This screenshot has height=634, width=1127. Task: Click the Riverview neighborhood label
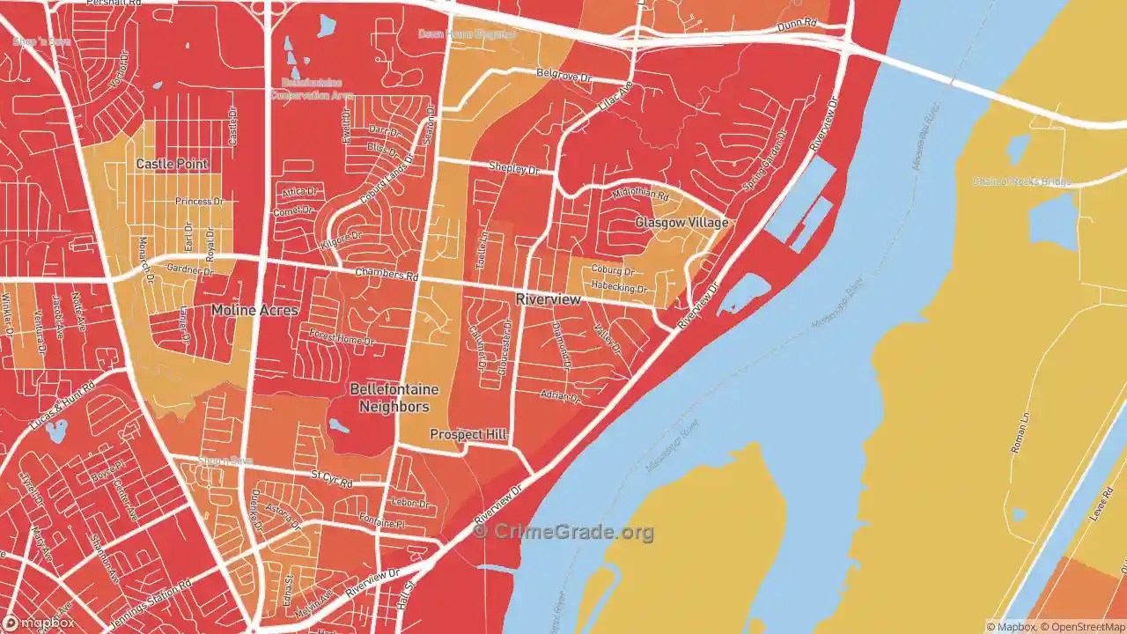click(548, 299)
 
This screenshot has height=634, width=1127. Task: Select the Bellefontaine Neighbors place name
click(394, 398)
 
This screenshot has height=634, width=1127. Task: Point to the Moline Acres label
click(254, 310)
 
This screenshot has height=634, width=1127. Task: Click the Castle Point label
click(172, 164)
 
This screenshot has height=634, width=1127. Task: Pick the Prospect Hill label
click(468, 435)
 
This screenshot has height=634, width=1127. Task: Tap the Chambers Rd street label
click(386, 275)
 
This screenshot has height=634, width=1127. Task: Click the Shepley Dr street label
click(513, 167)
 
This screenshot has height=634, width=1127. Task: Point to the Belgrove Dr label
click(563, 77)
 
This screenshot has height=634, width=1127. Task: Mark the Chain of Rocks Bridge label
click(1021, 182)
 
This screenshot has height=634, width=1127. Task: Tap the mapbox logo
click(39, 623)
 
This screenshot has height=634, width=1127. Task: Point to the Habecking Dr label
click(619, 289)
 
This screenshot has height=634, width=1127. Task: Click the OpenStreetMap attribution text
click(1082, 627)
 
